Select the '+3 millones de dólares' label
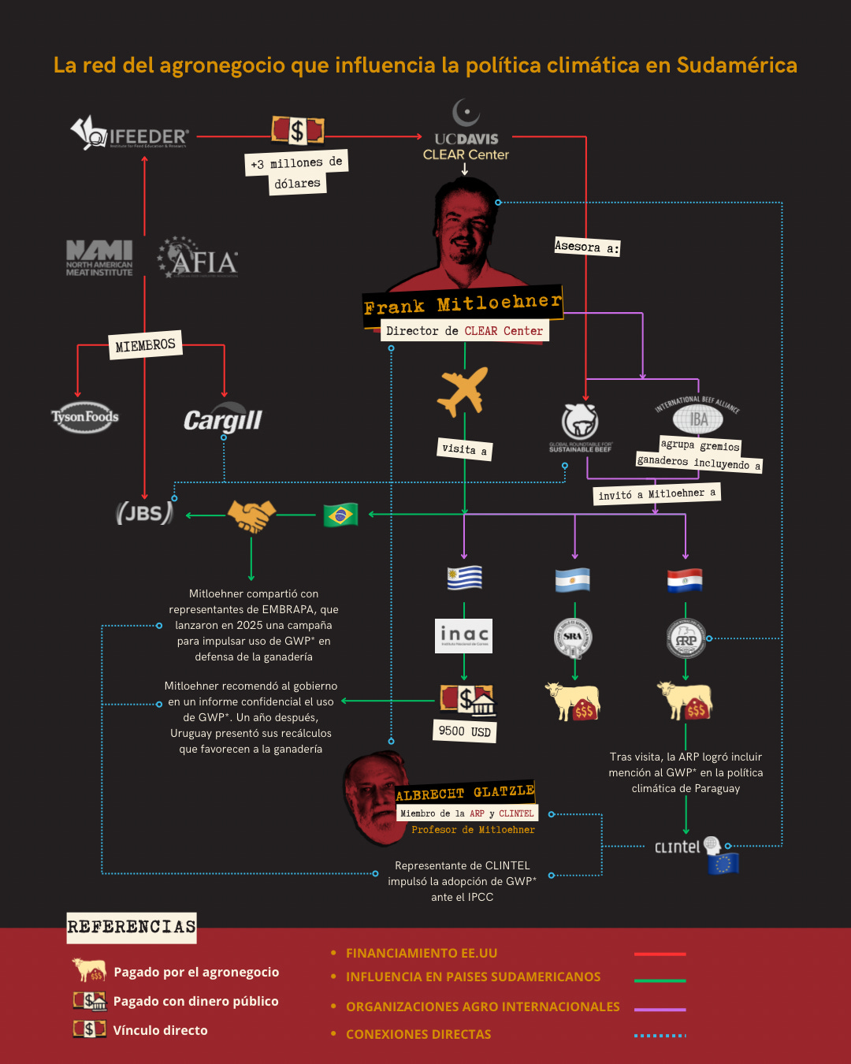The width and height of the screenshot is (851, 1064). (296, 173)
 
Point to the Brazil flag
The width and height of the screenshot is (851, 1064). (340, 515)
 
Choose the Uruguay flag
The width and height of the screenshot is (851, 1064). (464, 578)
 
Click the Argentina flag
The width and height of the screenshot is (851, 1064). (573, 580)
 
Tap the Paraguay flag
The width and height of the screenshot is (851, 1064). (685, 580)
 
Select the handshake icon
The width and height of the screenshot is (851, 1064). (251, 515)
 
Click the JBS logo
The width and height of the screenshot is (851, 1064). (144, 513)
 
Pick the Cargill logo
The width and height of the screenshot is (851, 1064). (223, 420)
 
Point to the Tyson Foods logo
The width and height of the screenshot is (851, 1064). (85, 417)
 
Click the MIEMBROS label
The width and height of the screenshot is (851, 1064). (145, 345)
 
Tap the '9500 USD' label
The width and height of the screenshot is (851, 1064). (465, 731)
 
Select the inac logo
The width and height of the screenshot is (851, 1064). (464, 635)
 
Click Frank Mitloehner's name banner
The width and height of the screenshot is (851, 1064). (463, 303)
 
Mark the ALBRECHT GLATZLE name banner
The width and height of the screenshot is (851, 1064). (465, 793)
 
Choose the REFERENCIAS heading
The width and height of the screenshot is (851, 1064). (132, 927)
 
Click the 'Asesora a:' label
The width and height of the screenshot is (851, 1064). (587, 247)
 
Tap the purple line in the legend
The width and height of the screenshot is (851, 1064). (660, 1010)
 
